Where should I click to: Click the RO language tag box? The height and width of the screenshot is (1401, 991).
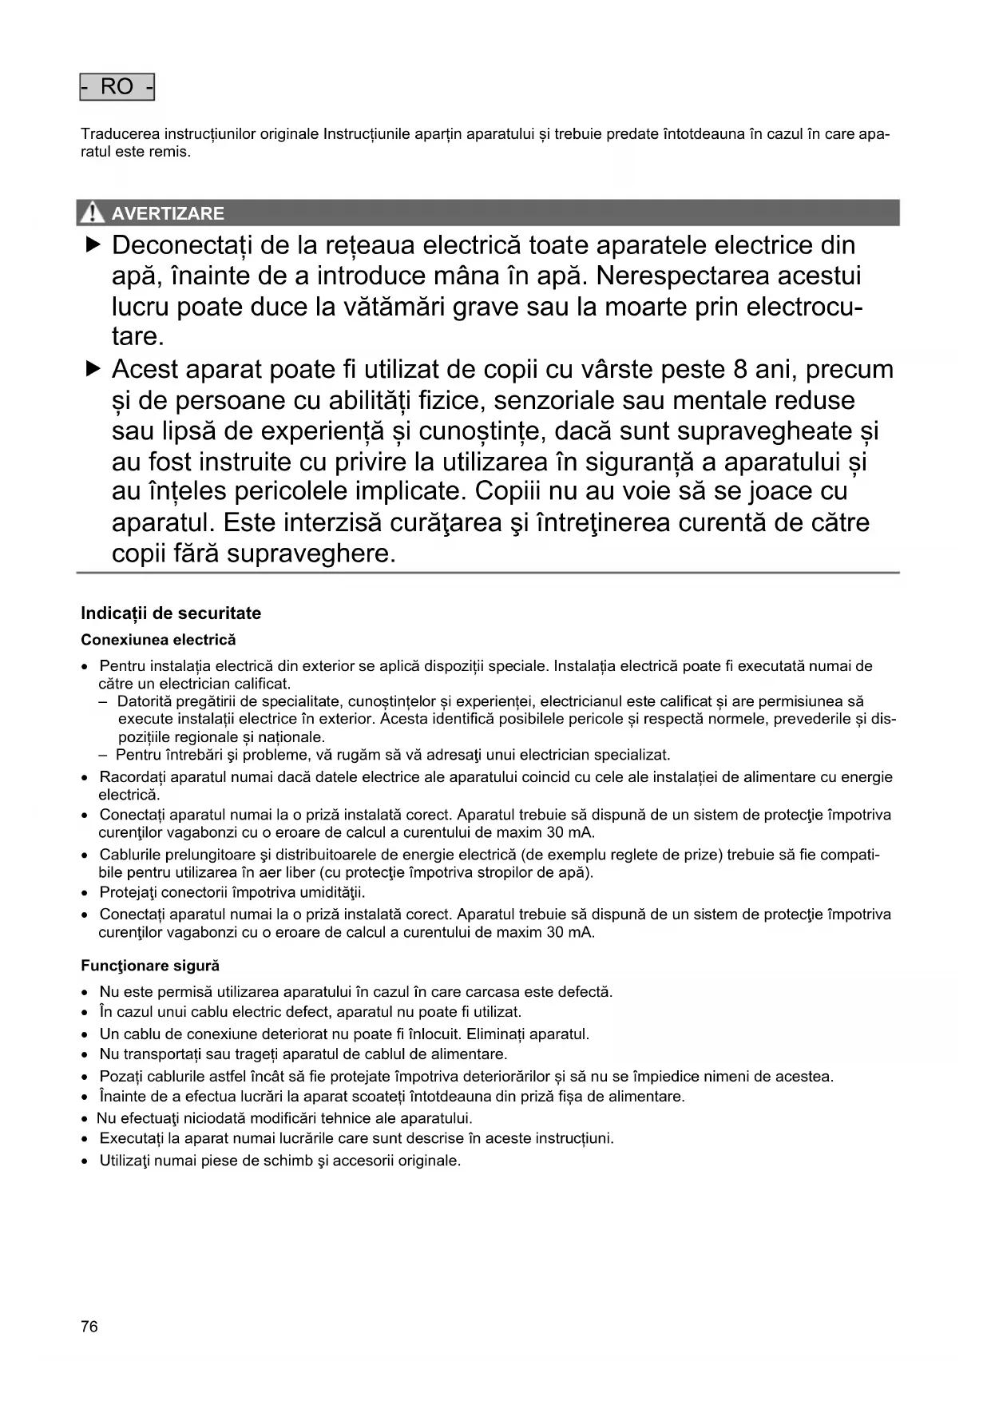pos(117,86)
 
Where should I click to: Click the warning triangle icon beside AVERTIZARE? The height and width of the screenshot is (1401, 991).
pos(93,212)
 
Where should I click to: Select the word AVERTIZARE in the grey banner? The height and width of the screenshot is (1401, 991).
pos(168,213)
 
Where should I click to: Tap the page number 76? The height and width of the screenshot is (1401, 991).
pos(89,1327)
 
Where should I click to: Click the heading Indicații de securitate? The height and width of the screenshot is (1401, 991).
pos(171,613)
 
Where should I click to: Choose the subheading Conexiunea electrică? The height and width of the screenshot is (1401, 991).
pos(158,640)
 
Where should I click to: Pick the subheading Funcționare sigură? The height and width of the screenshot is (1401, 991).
pos(150,966)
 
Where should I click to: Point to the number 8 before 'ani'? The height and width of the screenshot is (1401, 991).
pos(740,370)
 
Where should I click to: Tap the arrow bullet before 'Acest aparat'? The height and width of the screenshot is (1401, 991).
pos(93,369)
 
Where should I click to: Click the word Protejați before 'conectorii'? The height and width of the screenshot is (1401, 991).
pos(130,892)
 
